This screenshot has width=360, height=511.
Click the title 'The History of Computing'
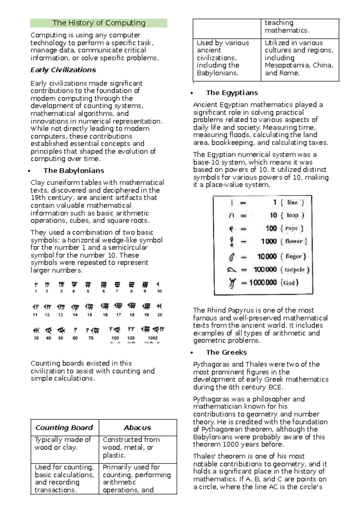click(x=99, y=23)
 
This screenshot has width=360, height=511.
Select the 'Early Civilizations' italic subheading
click(x=63, y=70)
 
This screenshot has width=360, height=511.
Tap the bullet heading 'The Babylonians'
click(x=73, y=171)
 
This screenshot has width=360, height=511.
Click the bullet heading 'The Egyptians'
click(x=232, y=93)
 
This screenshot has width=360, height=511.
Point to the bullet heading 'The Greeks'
click(x=226, y=353)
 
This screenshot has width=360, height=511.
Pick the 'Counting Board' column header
click(x=64, y=428)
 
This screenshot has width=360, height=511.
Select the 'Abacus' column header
click(x=137, y=428)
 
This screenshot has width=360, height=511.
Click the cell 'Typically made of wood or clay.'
click(x=63, y=444)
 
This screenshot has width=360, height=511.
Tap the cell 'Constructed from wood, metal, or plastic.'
click(x=131, y=447)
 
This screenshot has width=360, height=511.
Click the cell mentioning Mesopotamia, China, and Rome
click(x=299, y=58)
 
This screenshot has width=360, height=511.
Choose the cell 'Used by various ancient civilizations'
click(x=223, y=58)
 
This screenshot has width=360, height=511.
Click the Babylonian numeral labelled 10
click(x=158, y=285)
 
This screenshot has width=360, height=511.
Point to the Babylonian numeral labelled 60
click(x=75, y=330)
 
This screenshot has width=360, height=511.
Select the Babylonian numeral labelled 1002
click(x=153, y=330)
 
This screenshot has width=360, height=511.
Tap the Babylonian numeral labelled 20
click(x=159, y=306)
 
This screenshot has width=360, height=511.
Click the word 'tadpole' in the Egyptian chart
click(x=295, y=270)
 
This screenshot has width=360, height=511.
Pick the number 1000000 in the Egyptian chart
click(x=263, y=282)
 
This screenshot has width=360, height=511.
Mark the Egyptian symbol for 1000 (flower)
click(x=232, y=242)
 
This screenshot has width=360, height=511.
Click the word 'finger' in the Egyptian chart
click(x=293, y=257)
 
